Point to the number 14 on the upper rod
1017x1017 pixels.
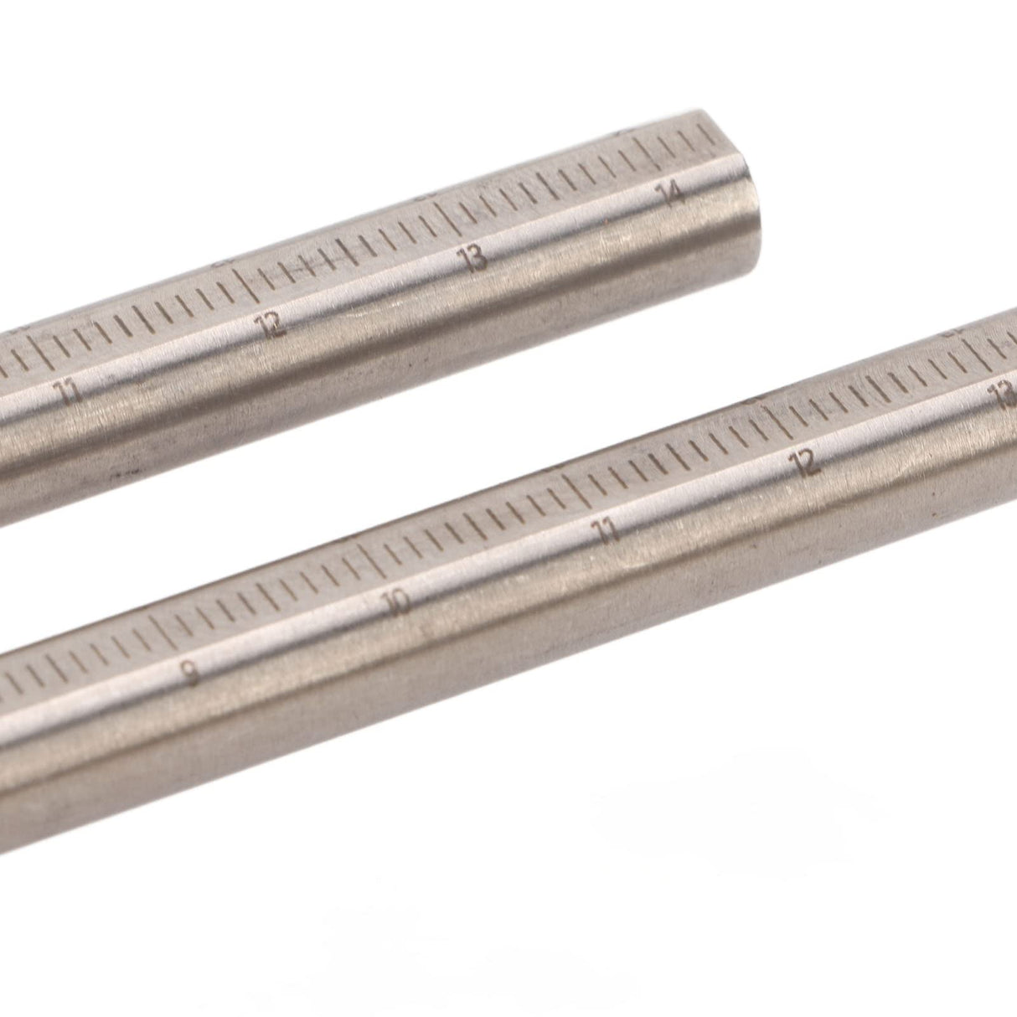pos(670,196)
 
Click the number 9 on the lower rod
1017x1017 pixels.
pos(192,673)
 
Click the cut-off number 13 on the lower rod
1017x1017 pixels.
pos(1004,395)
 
